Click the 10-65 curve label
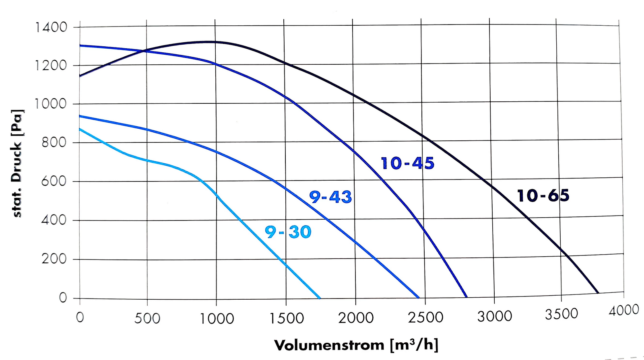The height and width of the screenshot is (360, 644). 543,196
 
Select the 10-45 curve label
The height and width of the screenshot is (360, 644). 407,163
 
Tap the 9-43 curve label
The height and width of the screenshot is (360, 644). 330,197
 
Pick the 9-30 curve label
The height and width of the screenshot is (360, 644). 288,232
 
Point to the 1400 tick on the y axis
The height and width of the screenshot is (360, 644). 51,27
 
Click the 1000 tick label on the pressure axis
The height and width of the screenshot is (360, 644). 50,104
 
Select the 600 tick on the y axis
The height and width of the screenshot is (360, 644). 54,181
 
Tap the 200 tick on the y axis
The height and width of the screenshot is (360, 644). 54,259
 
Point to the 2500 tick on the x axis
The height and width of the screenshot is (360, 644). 425,318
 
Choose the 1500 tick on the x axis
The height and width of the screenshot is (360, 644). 287,319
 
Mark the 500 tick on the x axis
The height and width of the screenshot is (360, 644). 147,319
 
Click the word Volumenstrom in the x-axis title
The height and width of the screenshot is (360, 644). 329,345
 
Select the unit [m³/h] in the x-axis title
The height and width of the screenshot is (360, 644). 414,345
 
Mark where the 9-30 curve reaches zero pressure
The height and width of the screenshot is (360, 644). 320,298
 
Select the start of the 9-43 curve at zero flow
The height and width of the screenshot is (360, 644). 80,116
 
